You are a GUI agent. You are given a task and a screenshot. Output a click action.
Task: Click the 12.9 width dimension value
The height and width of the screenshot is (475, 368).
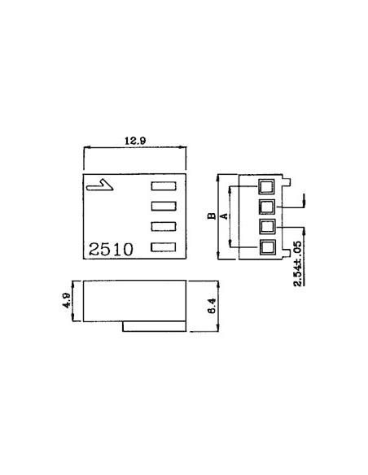(135, 141)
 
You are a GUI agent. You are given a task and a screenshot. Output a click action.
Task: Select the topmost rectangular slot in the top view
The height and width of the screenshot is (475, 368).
(164, 187)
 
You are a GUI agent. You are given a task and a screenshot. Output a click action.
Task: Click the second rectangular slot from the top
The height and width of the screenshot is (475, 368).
(164, 207)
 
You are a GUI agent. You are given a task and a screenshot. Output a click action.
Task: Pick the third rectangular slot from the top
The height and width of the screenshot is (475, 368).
(164, 226)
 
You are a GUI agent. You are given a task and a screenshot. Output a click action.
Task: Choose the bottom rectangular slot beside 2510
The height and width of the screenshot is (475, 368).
(164, 246)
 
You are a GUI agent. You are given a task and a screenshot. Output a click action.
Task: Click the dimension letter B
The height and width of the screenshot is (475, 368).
(210, 216)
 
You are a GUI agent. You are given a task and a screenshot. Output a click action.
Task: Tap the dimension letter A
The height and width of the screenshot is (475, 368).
(223, 216)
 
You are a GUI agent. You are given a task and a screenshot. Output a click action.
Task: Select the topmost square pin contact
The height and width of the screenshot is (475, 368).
(267, 185)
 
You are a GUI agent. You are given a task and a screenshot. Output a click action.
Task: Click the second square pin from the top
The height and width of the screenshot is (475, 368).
(267, 206)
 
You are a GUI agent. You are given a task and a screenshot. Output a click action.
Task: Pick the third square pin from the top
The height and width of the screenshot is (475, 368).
(267, 226)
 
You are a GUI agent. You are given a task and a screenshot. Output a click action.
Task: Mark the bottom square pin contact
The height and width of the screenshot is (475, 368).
(267, 246)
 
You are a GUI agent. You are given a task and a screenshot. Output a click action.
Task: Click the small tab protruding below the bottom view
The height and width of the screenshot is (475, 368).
(155, 326)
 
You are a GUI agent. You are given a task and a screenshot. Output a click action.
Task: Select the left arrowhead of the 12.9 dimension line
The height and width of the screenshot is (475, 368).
(86, 148)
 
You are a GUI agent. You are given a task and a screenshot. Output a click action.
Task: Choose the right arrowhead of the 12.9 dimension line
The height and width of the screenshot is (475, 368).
(186, 148)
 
